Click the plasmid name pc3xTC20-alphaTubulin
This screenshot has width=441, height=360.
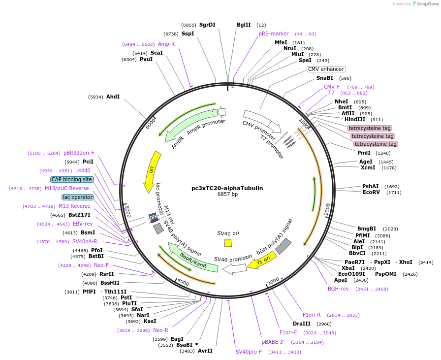[x=227, y=188]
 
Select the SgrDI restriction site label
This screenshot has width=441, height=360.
[x=207, y=25]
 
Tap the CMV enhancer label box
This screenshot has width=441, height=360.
[x=326, y=69]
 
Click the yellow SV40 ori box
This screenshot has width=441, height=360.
[x=228, y=243]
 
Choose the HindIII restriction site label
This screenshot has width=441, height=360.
[x=354, y=120]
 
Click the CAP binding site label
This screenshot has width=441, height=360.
[x=72, y=180]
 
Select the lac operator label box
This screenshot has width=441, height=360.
[x=77, y=197]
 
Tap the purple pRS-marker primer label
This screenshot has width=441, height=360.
[x=274, y=34]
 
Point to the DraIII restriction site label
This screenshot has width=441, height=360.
[x=302, y=324]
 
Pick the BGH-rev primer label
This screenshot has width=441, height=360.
[x=338, y=289]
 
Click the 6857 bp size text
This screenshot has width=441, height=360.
[x=227, y=195]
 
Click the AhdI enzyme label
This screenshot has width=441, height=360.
[x=113, y=97]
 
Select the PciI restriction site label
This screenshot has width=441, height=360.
[x=88, y=162]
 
